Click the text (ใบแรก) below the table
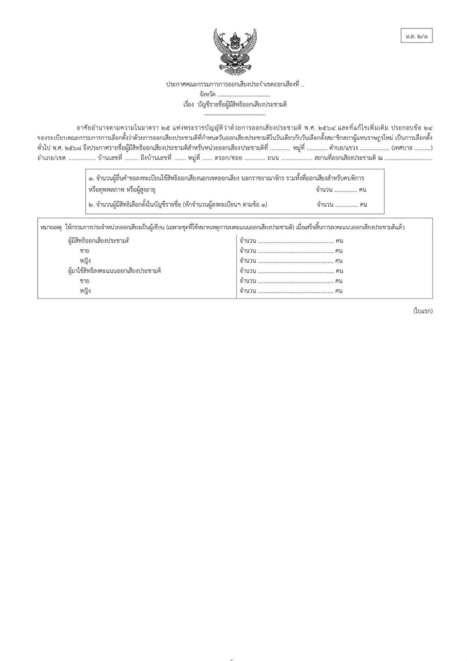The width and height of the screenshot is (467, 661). pyautogui.click(x=422, y=311)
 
